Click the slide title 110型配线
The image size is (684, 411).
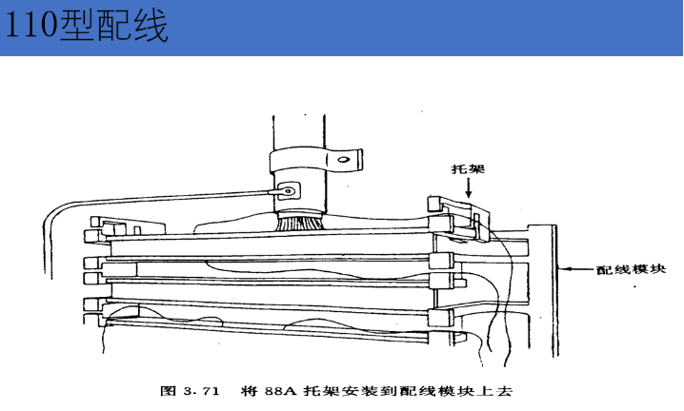[x=87, y=27]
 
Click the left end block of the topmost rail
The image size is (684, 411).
[x=93, y=234]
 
